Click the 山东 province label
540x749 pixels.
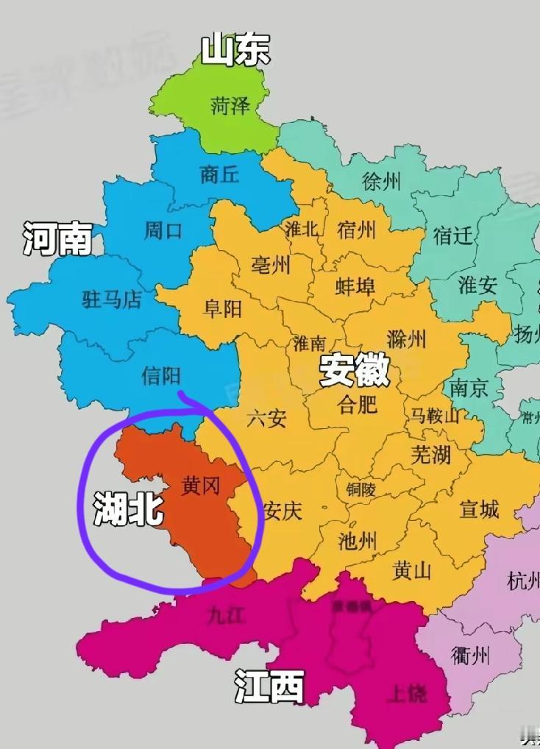pyautogui.click(x=235, y=51)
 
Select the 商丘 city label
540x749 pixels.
pyautogui.click(x=220, y=174)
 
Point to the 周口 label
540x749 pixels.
pyautogui.click(x=163, y=231)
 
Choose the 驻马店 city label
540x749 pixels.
pyautogui.click(x=111, y=299)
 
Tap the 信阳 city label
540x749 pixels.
pyautogui.click(x=161, y=377)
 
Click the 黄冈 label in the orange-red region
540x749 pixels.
pyautogui.click(x=201, y=486)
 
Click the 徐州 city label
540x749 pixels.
pyautogui.click(x=382, y=181)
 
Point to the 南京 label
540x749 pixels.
pyautogui.click(x=469, y=388)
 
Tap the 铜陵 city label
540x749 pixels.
pyautogui.click(x=360, y=489)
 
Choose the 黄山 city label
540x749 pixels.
pyautogui.click(x=411, y=570)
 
